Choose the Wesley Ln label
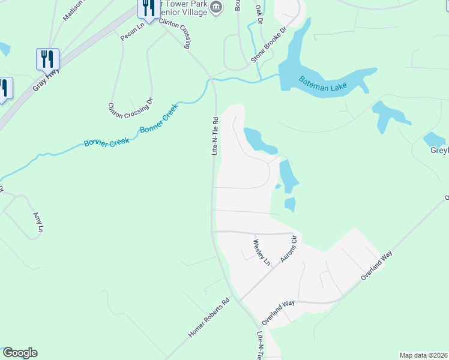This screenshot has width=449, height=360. click(262, 252)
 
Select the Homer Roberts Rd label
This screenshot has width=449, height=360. click(209, 318)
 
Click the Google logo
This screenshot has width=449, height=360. click(20, 353)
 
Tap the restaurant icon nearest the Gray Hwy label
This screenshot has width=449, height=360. click(47, 59)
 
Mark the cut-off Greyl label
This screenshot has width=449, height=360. click(439, 151)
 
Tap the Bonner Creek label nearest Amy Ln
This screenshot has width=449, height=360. click(103, 142)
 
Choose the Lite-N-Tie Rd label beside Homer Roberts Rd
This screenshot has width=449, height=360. click(260, 346)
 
